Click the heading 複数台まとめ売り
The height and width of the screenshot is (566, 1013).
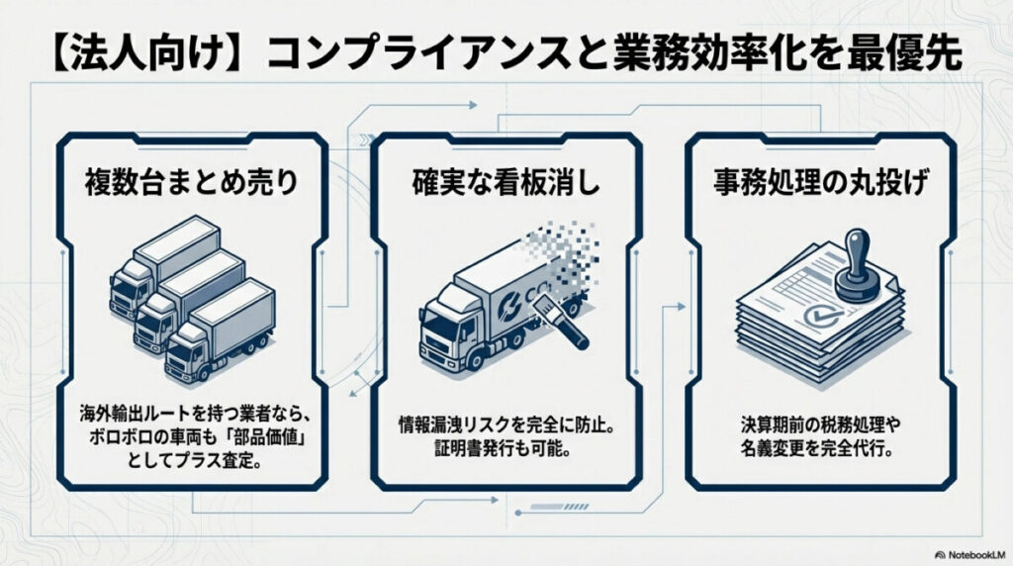tap(189, 183)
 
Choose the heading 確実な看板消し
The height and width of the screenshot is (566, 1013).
tap(506, 183)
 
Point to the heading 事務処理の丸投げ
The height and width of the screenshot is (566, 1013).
tap(823, 183)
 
